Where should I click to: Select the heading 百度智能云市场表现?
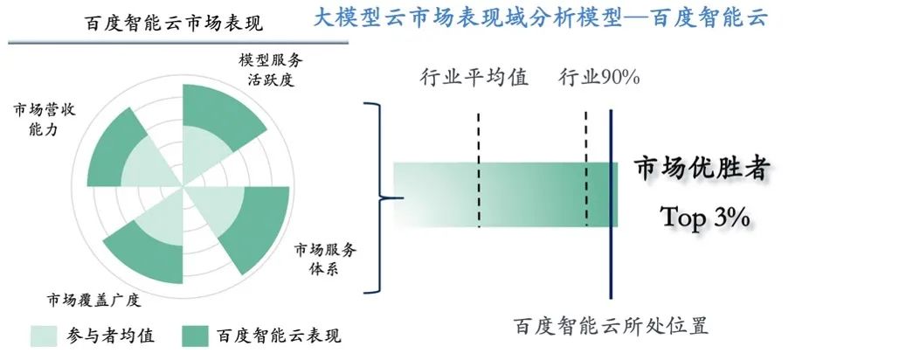coord(174,24)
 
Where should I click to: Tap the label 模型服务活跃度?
coord(270,70)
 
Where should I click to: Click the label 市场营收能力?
coord(45,120)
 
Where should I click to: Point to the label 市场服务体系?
coord(325,260)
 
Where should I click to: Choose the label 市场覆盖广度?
coord(93,300)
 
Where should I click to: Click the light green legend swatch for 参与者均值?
coord(44,336)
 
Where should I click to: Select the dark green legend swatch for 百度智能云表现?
coord(195,336)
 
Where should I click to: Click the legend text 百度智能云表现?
coord(279,336)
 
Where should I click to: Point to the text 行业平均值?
coord(474,77)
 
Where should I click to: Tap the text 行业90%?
coord(598,77)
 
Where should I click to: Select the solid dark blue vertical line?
coord(611,204)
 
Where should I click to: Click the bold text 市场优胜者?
coord(702,169)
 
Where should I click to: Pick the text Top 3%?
coord(704,218)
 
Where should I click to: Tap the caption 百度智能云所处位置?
coord(611,326)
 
